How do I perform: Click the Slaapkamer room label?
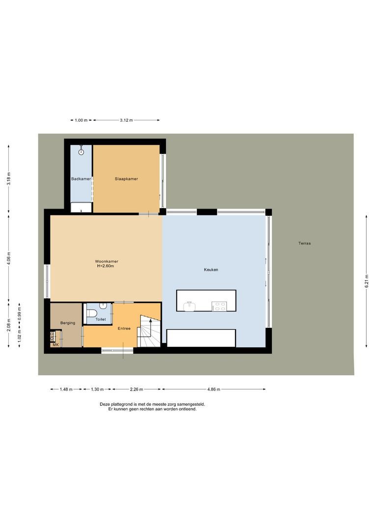coord(126,179)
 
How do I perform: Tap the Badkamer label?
coord(81,179)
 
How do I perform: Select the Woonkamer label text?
coord(107,262)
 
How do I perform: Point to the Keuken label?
coord(211,270)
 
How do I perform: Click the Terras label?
coord(304,243)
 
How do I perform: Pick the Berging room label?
coord(67,323)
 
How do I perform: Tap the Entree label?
coord(124,328)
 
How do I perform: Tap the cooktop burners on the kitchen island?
coord(219,306)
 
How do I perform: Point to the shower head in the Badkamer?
coord(81,152)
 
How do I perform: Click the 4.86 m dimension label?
coord(214,389)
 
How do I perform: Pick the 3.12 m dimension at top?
coord(126,120)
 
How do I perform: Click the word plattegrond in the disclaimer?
coord(122,404)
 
